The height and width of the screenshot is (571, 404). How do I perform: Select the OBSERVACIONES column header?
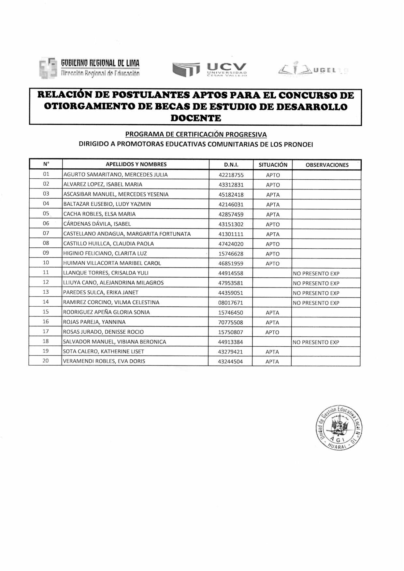click(x=327, y=165)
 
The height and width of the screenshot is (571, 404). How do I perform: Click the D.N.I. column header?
click(x=231, y=165)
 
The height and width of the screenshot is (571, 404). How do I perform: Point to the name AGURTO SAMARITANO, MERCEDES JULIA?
click(x=115, y=175)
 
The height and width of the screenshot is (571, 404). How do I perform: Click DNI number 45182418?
click(x=231, y=195)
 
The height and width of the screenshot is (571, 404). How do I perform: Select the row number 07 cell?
click(x=46, y=233)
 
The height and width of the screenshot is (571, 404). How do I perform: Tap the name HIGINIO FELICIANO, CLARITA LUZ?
click(x=105, y=253)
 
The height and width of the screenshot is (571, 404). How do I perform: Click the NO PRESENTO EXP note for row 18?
click(x=316, y=342)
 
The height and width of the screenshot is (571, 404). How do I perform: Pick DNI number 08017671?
click(x=231, y=303)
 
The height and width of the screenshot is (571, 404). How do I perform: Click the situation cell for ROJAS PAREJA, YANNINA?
click(x=272, y=323)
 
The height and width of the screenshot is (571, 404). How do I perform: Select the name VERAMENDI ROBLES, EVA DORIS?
click(x=104, y=361)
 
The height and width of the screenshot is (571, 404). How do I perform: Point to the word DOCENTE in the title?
click(x=196, y=118)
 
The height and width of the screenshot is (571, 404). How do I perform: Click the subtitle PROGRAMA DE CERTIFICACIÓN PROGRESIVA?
click(x=196, y=134)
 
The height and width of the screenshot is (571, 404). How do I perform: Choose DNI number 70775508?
click(x=231, y=323)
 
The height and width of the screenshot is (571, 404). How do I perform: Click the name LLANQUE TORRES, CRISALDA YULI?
click(x=106, y=273)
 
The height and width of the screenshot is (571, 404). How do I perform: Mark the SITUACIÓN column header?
click(x=273, y=165)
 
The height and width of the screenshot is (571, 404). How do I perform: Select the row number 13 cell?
click(x=46, y=292)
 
